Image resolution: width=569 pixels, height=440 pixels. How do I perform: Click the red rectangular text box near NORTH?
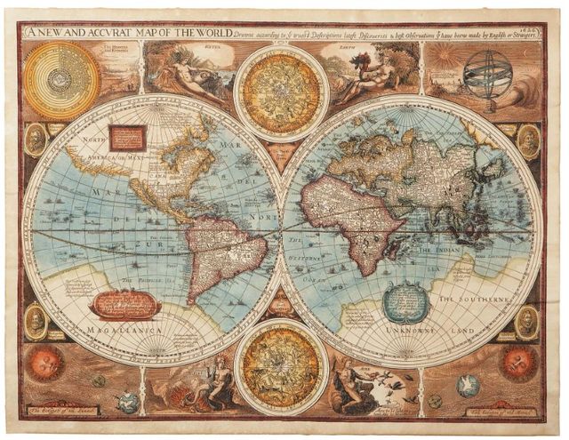pyautogui.click(x=127, y=137)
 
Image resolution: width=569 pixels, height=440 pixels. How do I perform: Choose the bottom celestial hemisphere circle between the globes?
pyautogui.click(x=282, y=367)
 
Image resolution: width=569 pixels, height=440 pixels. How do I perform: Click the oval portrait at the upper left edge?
pyautogui.click(x=36, y=140)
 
